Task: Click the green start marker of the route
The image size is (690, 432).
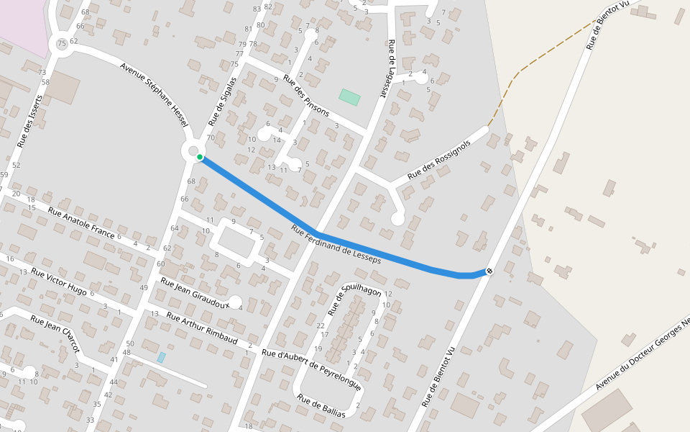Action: coord(200,157)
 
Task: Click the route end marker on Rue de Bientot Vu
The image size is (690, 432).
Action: coord(489,271)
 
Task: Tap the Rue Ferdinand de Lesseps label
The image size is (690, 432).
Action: coord(336,245)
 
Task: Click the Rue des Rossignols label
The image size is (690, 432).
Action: coord(438,161)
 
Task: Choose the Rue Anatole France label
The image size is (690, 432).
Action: coord(81,223)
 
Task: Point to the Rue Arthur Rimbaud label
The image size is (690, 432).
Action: coord(202,328)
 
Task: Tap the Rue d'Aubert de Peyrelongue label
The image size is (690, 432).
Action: coord(310,369)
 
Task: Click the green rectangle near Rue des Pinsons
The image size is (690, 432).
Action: coord(349,97)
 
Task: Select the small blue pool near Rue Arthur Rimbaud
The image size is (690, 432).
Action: coord(161,357)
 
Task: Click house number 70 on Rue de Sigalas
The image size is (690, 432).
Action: coord(211,138)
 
